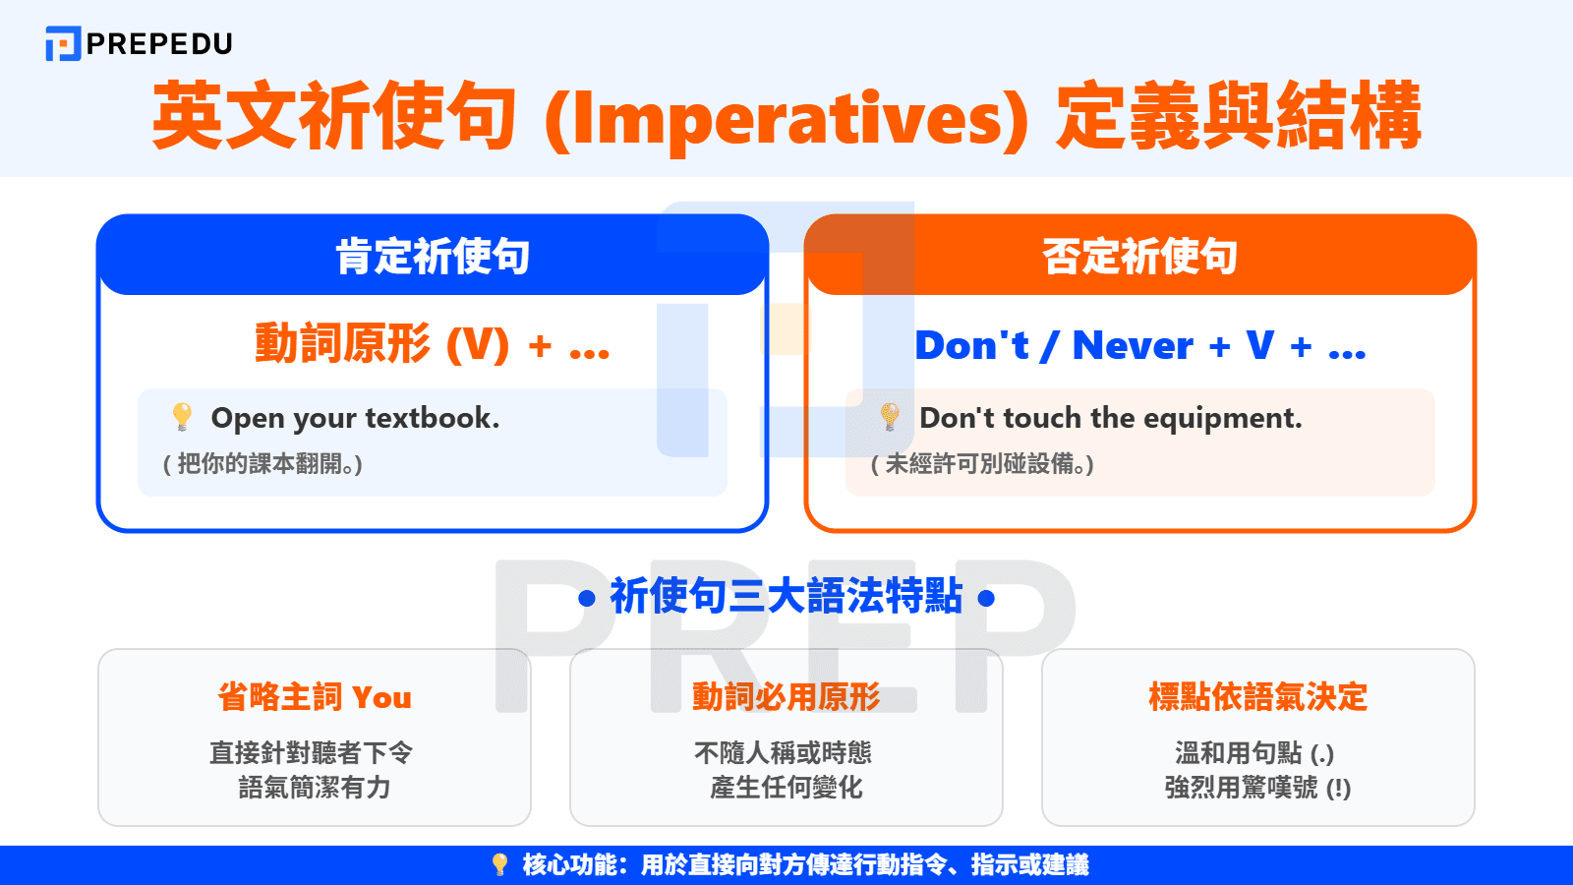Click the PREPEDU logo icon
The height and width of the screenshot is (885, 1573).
(x=63, y=44)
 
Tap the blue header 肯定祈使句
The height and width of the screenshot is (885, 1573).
(x=433, y=257)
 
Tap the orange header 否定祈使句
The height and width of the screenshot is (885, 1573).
(x=1140, y=257)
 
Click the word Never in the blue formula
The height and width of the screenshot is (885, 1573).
(x=1133, y=346)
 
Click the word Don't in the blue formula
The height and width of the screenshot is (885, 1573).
(x=971, y=346)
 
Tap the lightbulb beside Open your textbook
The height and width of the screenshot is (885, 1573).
(x=182, y=416)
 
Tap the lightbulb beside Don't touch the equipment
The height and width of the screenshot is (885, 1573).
(x=890, y=416)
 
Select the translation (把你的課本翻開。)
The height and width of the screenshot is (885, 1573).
(x=262, y=464)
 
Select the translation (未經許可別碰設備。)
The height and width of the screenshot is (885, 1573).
(x=982, y=464)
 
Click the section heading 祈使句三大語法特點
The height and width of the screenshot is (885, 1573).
(x=786, y=597)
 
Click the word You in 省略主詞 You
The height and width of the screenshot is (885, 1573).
(x=381, y=698)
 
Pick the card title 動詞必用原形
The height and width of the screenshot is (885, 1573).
(x=786, y=697)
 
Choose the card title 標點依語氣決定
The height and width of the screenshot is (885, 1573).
(x=1258, y=697)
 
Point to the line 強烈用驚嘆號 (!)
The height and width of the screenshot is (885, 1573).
(x=1258, y=788)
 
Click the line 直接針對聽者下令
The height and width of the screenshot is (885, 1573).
(x=312, y=753)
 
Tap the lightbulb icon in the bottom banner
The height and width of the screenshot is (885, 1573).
(x=499, y=864)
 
